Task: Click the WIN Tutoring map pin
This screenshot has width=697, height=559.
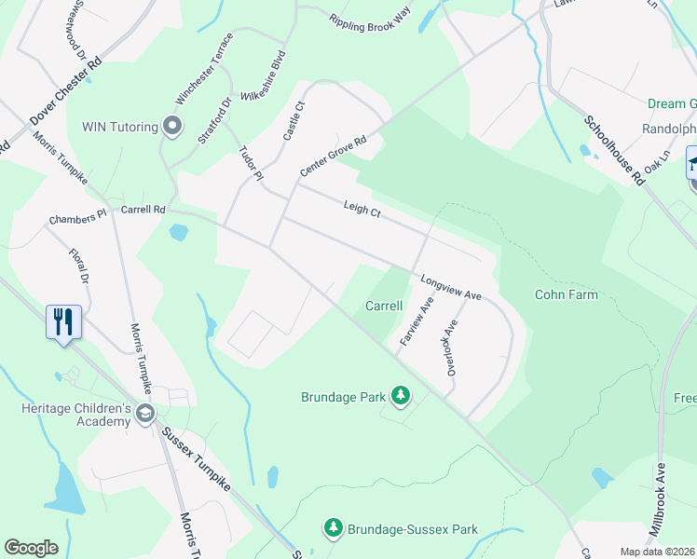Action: tap(171, 126)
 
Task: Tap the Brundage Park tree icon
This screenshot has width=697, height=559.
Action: tap(401, 396)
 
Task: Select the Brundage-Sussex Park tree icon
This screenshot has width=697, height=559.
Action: tap(333, 528)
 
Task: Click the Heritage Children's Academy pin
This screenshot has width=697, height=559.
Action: tap(144, 413)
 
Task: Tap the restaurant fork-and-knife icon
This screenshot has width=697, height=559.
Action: tap(64, 322)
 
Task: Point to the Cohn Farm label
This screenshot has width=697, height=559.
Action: tap(566, 294)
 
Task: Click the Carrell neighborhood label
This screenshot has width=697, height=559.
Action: tap(384, 306)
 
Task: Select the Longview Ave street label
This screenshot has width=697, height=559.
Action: tap(450, 287)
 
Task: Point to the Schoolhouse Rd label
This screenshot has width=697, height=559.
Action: tap(614, 150)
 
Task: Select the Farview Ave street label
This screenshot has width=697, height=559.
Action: tap(417, 322)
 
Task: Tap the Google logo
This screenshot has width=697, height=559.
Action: tap(32, 548)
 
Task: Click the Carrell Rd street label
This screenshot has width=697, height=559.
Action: tap(143, 210)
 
